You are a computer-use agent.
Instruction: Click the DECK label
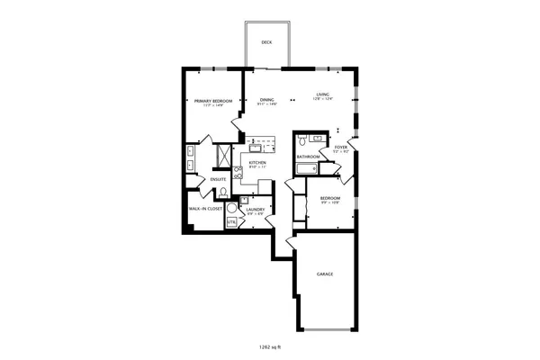(x=266, y=42)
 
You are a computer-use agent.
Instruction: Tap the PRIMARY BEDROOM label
(x=213, y=101)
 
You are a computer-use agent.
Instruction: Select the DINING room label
(x=266, y=100)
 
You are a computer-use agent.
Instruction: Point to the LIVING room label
(x=322, y=95)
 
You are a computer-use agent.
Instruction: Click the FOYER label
(x=341, y=147)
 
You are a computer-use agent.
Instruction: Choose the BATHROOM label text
(x=308, y=157)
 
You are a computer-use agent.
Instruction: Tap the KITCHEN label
(x=257, y=163)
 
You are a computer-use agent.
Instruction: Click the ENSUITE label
(x=219, y=179)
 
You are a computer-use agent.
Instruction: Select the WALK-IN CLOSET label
(x=205, y=209)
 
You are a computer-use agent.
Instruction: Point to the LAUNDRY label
(x=255, y=210)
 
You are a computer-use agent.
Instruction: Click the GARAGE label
(x=326, y=274)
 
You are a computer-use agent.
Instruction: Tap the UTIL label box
(x=231, y=221)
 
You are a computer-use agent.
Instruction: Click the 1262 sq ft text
(x=270, y=346)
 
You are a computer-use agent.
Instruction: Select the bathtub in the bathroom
(x=307, y=168)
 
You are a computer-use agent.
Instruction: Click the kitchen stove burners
(x=256, y=141)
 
